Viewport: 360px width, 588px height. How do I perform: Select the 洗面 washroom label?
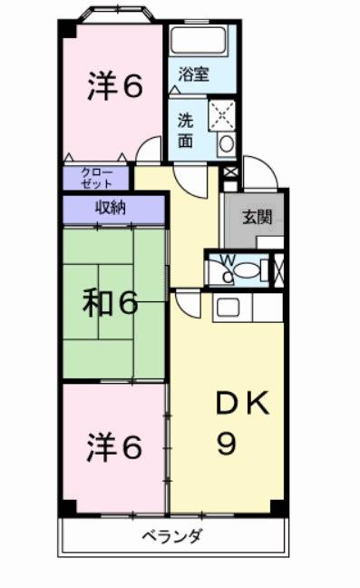(x=186, y=130)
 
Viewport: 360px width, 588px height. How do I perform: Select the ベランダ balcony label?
(x=171, y=534)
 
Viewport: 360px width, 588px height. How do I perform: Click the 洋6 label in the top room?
(x=115, y=87)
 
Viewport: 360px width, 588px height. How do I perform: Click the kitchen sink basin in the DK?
(x=227, y=307)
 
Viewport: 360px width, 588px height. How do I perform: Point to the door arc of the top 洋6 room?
(x=145, y=151)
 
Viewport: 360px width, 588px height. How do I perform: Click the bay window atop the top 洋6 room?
(x=113, y=15)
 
